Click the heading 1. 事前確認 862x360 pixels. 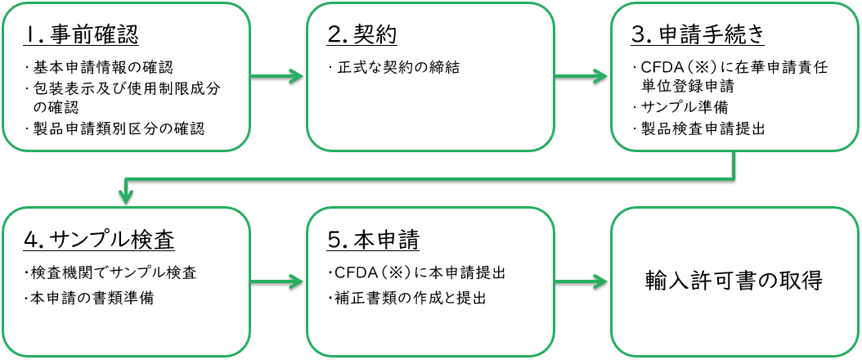(x=81, y=35)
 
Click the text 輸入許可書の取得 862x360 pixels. (x=734, y=280)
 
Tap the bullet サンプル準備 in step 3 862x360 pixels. (x=684, y=107)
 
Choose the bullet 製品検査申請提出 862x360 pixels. (x=699, y=128)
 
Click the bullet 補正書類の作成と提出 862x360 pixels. (x=406, y=297)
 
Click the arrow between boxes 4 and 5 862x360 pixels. (x=278, y=282)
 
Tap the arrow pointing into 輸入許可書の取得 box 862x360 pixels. (x=581, y=282)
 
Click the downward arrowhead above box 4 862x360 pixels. (x=125, y=196)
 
